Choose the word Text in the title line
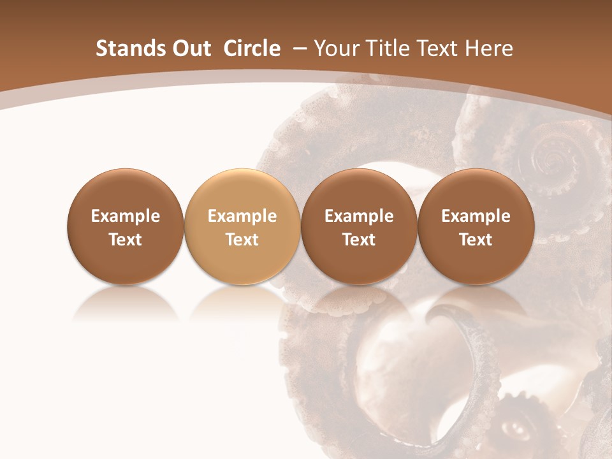click(x=439, y=48)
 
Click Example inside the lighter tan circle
click(x=242, y=216)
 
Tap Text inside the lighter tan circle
click(x=242, y=240)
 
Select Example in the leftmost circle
click(x=126, y=216)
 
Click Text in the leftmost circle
click(x=126, y=240)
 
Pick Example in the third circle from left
click(x=359, y=216)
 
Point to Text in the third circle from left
click(x=359, y=240)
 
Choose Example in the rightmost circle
click(x=476, y=216)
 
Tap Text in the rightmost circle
click(x=476, y=240)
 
